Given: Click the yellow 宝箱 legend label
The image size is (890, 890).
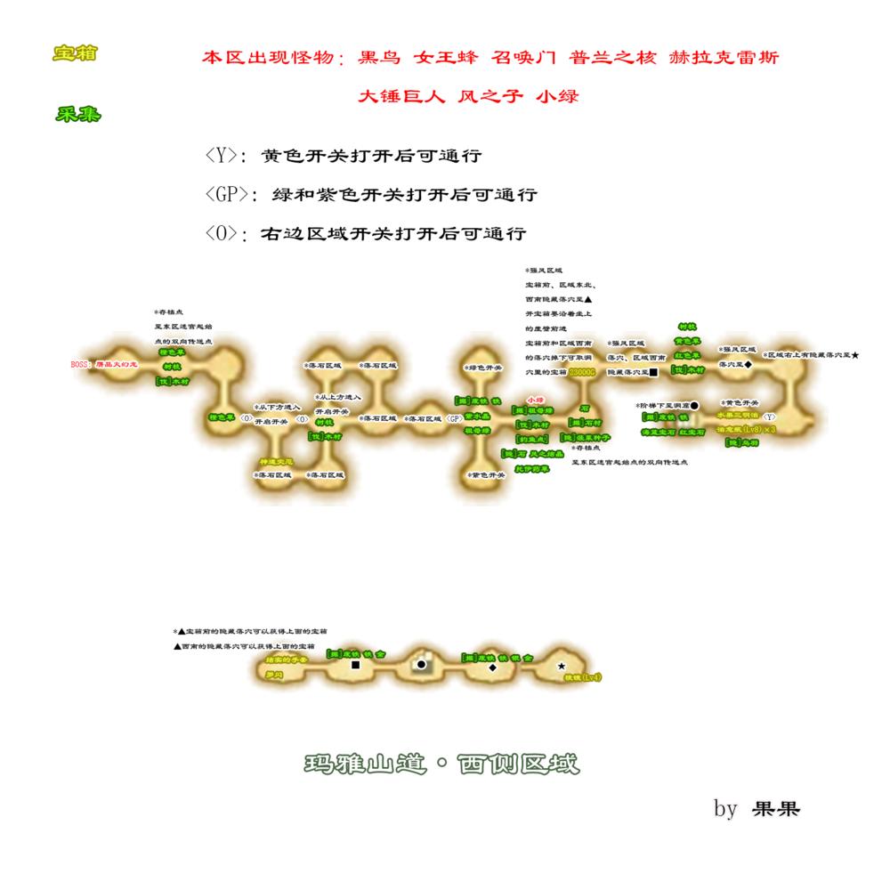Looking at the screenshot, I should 75,54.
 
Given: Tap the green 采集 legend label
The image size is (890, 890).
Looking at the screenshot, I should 77,115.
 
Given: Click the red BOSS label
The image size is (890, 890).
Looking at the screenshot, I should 80,364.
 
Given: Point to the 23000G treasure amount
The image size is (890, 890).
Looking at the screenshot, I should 582,372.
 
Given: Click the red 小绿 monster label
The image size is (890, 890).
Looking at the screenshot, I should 535,400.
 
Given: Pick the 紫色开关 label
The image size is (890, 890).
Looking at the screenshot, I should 487,475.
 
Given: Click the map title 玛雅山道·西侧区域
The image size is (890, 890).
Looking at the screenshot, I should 441,764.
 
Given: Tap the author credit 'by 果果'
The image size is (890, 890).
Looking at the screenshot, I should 756,809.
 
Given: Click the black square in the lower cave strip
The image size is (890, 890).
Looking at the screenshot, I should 356,665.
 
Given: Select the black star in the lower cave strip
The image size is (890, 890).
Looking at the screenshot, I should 562,666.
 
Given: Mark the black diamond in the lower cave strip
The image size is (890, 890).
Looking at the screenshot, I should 492,667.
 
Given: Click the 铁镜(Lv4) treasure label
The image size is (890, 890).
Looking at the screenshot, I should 584,677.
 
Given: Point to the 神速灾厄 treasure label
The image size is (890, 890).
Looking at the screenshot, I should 276,462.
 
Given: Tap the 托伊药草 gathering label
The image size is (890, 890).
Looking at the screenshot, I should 533,469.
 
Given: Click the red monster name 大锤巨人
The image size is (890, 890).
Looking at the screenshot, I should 401,97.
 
